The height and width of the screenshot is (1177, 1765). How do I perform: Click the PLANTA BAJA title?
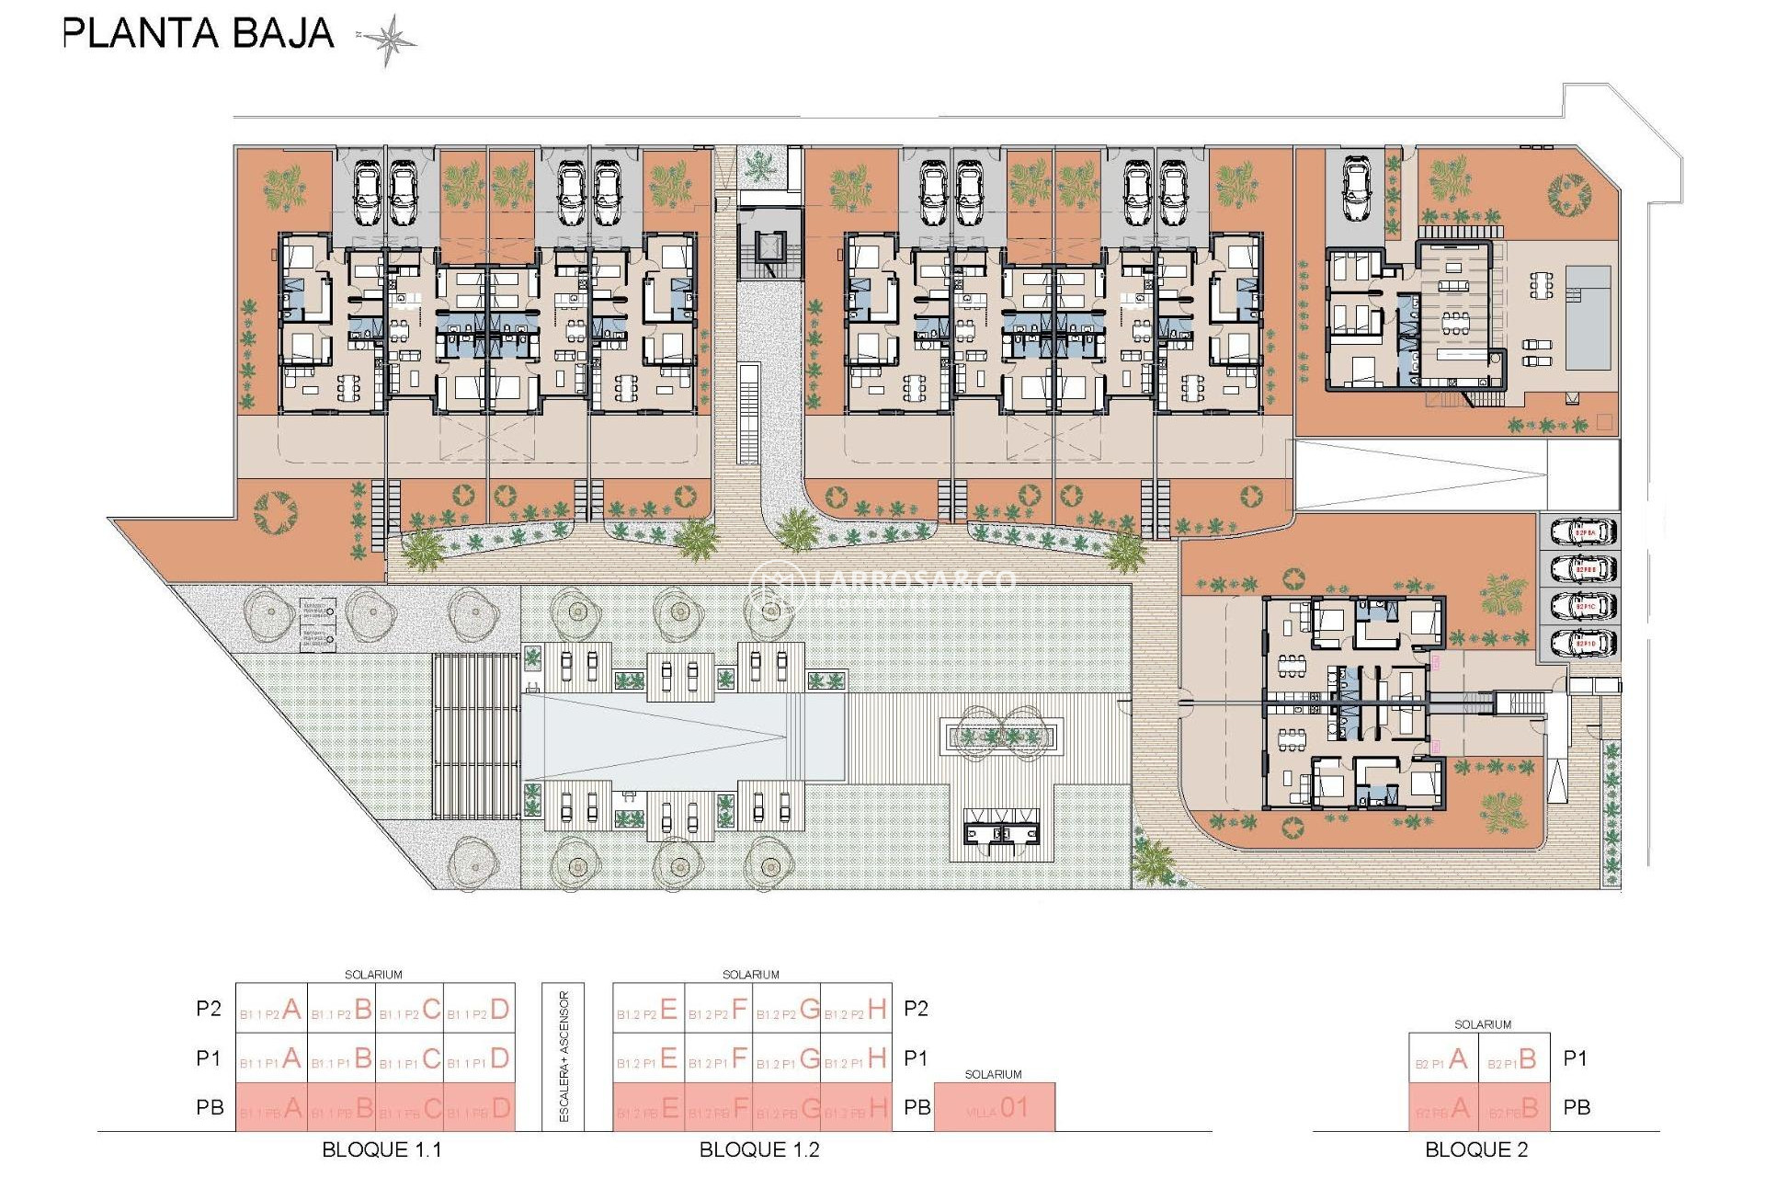tap(198, 34)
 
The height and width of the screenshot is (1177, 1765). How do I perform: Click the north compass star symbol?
tap(389, 40)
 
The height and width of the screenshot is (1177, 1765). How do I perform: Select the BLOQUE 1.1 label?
tap(381, 1149)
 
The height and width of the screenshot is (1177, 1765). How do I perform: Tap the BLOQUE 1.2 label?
tap(759, 1149)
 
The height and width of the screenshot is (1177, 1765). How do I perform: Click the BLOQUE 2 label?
tap(1476, 1149)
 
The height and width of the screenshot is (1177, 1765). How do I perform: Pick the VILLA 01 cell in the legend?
tap(995, 1108)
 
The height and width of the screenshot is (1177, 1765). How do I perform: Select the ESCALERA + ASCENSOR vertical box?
tap(564, 1057)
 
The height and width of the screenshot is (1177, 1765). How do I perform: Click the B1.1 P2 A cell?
tap(271, 1010)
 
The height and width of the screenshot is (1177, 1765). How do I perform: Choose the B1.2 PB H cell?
tap(856, 1108)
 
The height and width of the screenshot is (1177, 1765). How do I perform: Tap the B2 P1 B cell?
tap(1514, 1059)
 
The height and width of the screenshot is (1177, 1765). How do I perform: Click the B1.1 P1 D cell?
tap(479, 1058)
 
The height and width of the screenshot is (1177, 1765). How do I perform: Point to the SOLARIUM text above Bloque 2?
tap(1482, 1024)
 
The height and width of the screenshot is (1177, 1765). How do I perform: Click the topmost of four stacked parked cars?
tap(1583, 532)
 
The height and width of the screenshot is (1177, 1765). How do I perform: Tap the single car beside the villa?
tap(1358, 189)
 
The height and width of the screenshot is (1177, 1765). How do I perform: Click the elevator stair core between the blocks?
tap(767, 251)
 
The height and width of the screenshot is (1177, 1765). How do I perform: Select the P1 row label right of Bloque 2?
tap(1576, 1058)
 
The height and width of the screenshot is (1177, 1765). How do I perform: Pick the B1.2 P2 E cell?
tap(648, 1010)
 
